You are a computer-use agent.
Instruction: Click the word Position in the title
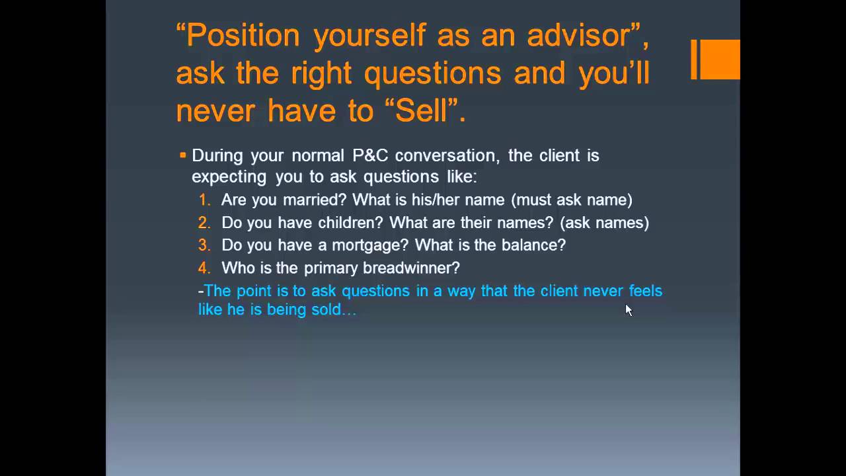(243, 36)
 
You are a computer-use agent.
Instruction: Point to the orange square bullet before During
(183, 155)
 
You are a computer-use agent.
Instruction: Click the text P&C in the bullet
(370, 155)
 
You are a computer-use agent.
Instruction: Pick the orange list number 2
(204, 223)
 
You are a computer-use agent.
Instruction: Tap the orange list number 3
(204, 245)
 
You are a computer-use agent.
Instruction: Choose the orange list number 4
(204, 268)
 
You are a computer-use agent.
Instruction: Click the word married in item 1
(315, 200)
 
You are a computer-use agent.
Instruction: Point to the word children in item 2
(350, 223)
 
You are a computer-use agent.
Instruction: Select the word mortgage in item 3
(370, 245)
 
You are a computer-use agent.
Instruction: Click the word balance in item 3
(533, 245)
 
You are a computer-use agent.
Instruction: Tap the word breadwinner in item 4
(411, 268)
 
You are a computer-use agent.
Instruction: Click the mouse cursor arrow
(629, 310)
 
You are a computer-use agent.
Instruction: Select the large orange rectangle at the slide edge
(720, 59)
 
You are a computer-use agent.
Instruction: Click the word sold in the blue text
(327, 309)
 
